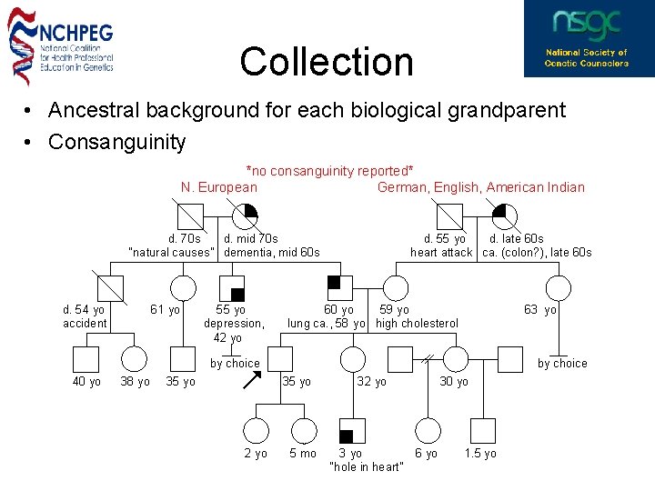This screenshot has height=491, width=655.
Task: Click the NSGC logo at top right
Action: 587,38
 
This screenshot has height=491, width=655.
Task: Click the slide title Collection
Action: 327,62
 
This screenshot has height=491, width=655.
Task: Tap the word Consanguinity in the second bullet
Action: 117,142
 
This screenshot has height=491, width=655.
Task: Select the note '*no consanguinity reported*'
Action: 330,171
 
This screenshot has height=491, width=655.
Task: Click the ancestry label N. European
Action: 219,187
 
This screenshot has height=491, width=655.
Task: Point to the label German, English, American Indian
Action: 481,187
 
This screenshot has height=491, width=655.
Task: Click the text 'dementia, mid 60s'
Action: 272,252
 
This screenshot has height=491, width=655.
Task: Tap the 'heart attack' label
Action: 441,252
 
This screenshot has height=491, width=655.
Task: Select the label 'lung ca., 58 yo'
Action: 327,323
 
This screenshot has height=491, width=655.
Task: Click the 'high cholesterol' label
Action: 418,323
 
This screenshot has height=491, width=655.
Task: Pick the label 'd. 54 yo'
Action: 84,309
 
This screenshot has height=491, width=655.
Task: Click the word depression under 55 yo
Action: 234,323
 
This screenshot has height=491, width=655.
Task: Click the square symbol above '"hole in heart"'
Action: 351,430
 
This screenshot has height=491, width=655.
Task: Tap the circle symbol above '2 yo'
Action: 257,430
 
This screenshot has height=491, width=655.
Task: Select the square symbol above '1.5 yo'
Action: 482,430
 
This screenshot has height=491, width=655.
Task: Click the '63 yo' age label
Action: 540,310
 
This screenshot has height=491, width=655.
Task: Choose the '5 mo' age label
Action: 303,454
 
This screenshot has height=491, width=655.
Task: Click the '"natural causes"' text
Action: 172,252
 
